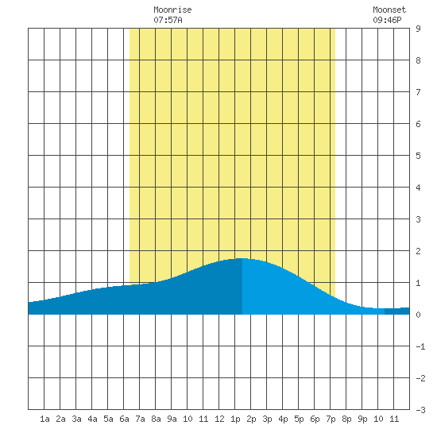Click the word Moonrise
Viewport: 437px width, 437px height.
pos(172,10)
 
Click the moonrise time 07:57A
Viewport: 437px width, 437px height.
pos(168,20)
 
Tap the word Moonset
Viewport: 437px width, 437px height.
pos(389,10)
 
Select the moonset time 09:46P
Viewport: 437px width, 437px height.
pos(387,20)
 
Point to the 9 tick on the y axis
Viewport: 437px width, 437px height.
pos(418,29)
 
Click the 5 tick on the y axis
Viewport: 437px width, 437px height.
pos(418,156)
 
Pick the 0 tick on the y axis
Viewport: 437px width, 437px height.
pos(418,315)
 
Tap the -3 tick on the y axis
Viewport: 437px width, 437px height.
pos(420,410)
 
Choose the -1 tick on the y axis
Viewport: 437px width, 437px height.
pos(420,346)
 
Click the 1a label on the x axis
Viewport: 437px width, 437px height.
pos(44,419)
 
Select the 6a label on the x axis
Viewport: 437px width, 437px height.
pos(124,419)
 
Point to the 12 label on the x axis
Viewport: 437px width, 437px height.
pos(219,419)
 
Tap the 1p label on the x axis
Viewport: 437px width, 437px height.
pos(235,419)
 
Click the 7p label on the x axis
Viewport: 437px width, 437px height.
pos(331,419)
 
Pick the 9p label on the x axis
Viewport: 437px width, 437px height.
pos(362,419)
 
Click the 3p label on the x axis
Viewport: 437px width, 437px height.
pos(267,419)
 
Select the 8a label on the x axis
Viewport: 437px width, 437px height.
pos(156,419)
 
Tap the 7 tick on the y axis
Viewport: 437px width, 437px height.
pos(418,92)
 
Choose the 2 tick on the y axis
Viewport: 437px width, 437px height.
pos(418,251)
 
